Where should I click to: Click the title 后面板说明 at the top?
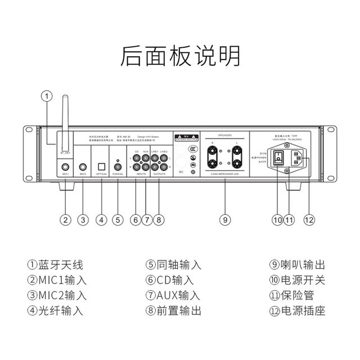point(180,57)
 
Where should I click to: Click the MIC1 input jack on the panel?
point(66,167)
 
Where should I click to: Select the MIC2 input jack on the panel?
point(83,167)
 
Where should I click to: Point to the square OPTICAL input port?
point(101,167)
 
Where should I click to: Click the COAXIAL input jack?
point(118,166)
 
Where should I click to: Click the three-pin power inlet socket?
point(296,160)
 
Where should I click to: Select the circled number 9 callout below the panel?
point(224,219)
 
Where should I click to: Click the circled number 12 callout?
point(307,219)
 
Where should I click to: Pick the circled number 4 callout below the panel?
point(101,219)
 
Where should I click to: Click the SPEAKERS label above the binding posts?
point(224,137)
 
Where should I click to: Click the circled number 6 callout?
point(135,219)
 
